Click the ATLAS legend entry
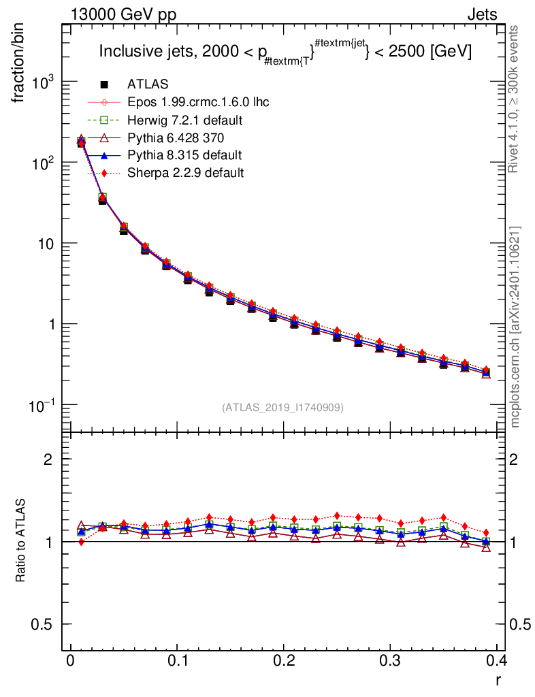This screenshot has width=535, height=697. tap(148, 84)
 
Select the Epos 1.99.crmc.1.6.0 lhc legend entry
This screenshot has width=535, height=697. tap(198, 102)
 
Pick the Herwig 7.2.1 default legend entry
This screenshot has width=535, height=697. tap(185, 120)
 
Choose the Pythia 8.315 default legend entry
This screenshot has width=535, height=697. tap(184, 155)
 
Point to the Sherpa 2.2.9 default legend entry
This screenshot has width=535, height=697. tap(185, 173)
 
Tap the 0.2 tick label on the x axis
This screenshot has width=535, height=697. tap(285, 661)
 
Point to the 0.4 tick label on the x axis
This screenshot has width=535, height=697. tap(498, 661)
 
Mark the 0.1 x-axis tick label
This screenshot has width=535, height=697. tap(178, 661)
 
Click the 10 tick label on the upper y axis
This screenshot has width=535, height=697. tap(46, 244)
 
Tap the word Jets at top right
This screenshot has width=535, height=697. tap(481, 14)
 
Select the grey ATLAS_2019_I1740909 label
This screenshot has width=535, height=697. tap(282, 408)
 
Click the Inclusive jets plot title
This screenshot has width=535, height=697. tap(285, 51)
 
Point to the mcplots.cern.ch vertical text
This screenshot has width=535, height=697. tap(516, 327)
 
